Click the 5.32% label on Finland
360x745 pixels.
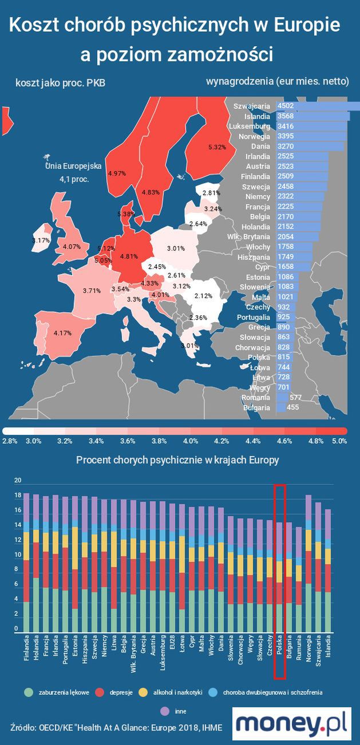(217, 147)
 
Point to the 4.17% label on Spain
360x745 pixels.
(62, 332)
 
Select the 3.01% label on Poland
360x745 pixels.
(176, 248)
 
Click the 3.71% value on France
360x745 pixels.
(92, 291)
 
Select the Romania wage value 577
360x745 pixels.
(296, 397)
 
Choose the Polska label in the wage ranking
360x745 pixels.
(259, 357)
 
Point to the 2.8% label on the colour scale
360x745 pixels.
(10, 441)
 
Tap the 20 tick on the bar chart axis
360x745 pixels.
(17, 480)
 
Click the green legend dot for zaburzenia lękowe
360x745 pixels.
(28, 692)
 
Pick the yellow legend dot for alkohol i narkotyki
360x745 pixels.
(146, 692)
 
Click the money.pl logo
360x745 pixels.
(292, 723)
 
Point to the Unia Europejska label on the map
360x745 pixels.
(73, 166)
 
